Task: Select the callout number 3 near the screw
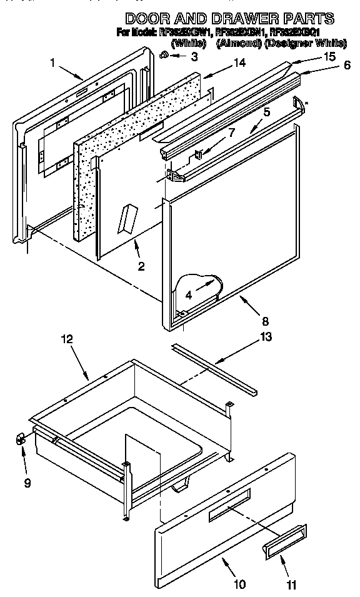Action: pos(194,57)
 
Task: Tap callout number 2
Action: pos(141,266)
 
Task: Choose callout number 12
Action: pos(66,339)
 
